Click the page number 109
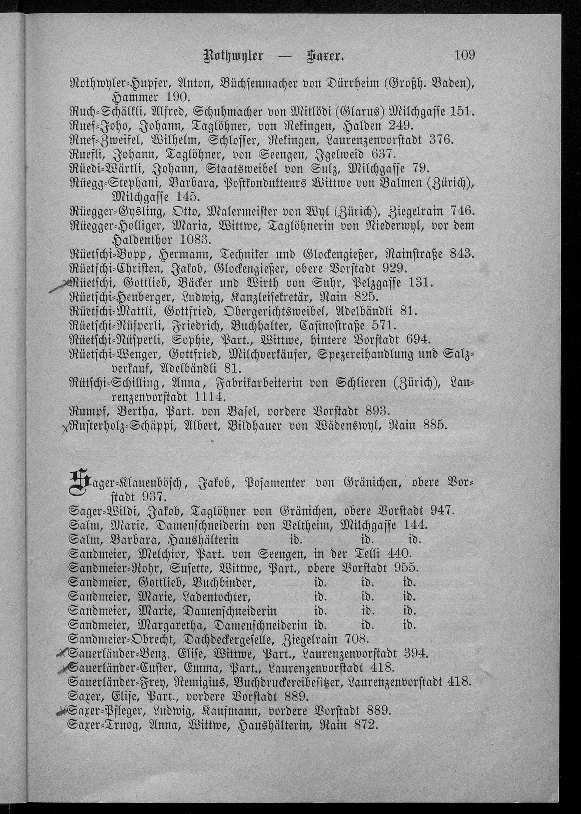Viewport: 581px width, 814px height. click(465, 55)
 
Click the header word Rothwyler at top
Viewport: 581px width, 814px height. click(233, 57)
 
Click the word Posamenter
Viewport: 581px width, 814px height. click(275, 484)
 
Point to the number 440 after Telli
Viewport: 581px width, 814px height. click(397, 554)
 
